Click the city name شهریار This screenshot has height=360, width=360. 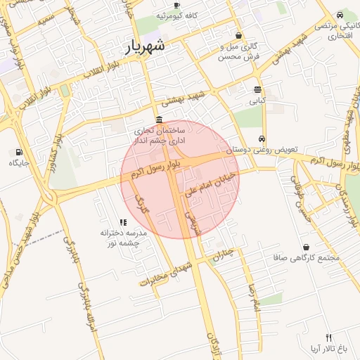coord(144,47)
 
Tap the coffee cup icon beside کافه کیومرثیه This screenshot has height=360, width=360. coord(176,6)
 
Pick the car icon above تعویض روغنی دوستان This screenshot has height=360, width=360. coord(262,139)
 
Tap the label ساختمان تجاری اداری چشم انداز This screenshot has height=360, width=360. coord(160,135)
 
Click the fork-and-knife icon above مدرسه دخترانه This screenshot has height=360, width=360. coord(124,222)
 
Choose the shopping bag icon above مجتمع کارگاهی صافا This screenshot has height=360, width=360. coord(307,247)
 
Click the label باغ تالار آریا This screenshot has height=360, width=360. coord(328,348)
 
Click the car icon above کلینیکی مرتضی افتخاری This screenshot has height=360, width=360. coord(340,15)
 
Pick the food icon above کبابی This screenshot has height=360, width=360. coord(257,89)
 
